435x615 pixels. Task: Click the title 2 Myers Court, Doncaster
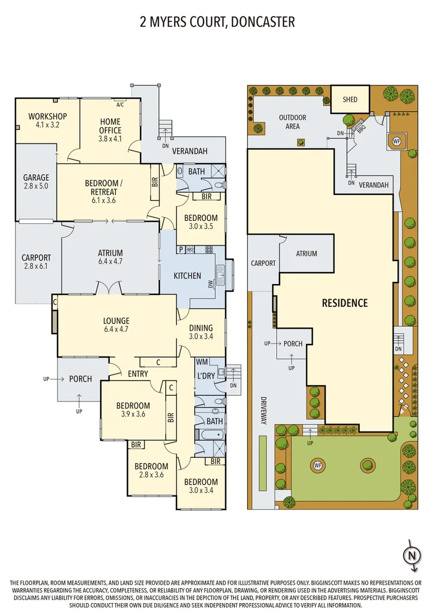pyautogui.click(x=217, y=22)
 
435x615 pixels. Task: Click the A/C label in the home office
pyautogui.click(x=120, y=105)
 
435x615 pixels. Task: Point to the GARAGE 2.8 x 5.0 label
pyautogui.click(x=36, y=182)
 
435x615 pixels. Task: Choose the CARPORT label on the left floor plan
pyautogui.click(x=36, y=261)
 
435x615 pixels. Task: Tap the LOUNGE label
pyautogui.click(x=116, y=325)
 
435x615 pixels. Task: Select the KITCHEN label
pyautogui.click(x=187, y=276)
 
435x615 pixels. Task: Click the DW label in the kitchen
pyautogui.click(x=211, y=283)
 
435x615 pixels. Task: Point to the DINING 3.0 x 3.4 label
pyautogui.click(x=201, y=332)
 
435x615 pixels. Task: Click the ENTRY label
pyautogui.click(x=138, y=374)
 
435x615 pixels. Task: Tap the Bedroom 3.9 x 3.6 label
pyautogui.click(x=133, y=409)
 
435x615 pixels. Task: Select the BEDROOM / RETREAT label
pyautogui.click(x=104, y=187)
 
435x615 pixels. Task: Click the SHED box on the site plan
pyautogui.click(x=350, y=100)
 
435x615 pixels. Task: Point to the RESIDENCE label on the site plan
pyautogui.click(x=345, y=303)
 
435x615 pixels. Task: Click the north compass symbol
pyautogui.click(x=413, y=554)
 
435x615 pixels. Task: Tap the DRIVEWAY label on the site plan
pyautogui.click(x=264, y=411)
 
